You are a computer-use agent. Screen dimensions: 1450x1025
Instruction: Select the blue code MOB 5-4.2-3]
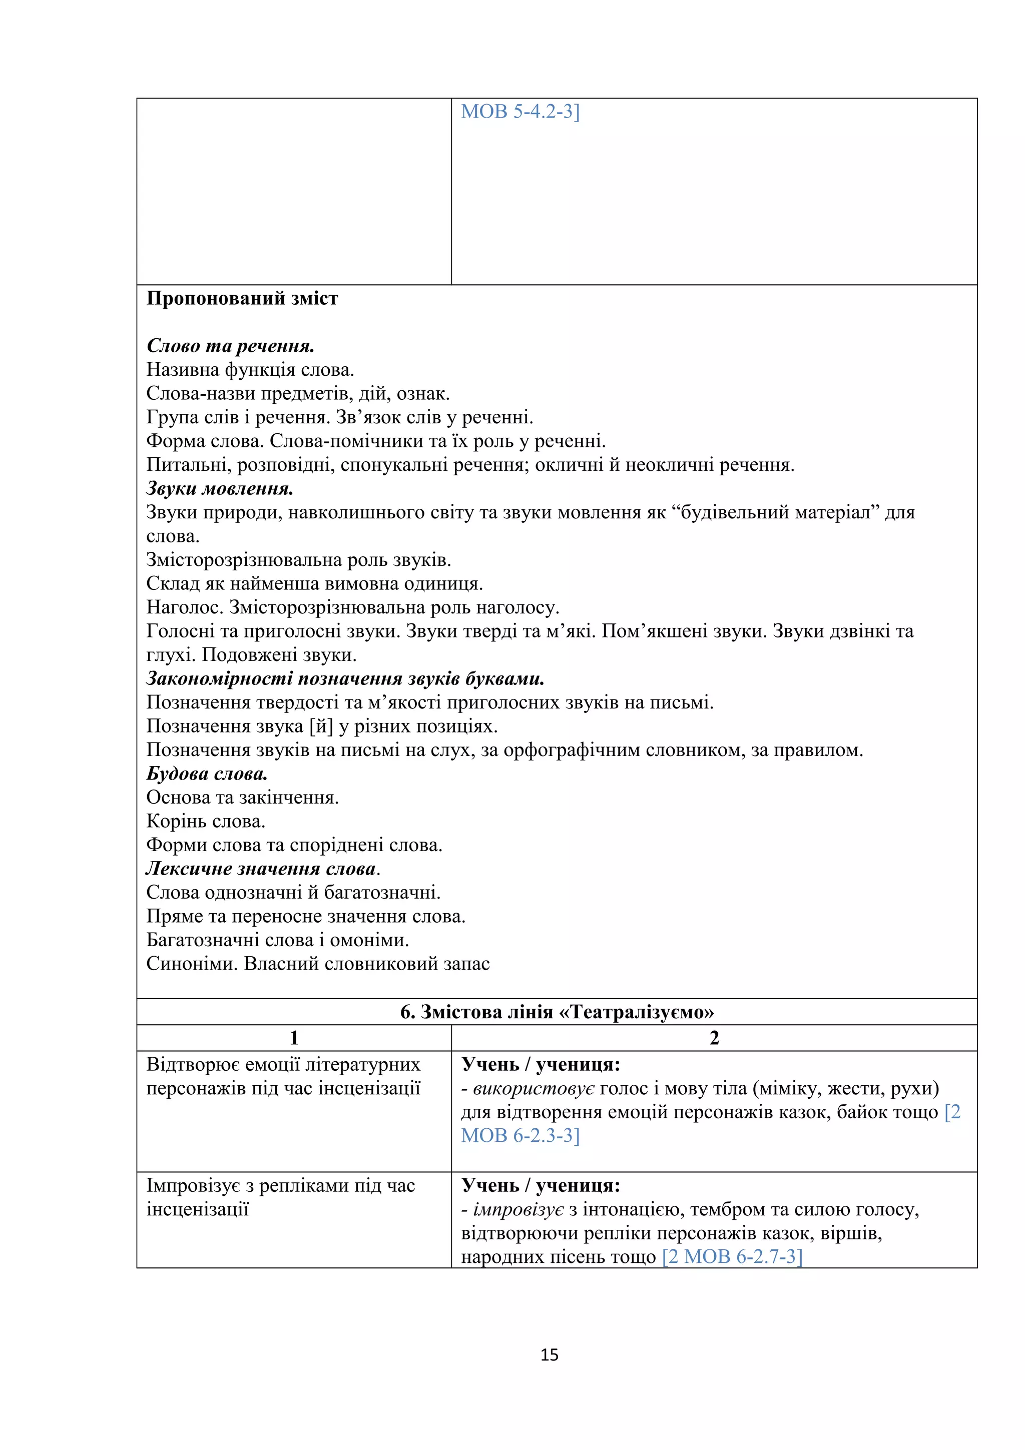click(520, 112)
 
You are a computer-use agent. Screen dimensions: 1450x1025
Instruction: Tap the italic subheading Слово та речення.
click(231, 346)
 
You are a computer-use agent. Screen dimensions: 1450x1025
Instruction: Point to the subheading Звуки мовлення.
click(220, 489)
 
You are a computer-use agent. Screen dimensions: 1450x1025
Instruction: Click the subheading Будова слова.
click(207, 774)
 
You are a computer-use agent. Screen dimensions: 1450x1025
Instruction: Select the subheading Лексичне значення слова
click(262, 869)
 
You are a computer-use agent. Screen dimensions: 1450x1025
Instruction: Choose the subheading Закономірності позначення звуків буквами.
click(345, 679)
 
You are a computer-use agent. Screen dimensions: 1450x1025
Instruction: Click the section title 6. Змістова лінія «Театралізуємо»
click(557, 1012)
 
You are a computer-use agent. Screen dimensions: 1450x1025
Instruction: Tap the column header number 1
click(294, 1038)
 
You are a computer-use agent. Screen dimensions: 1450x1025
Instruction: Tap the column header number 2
click(714, 1038)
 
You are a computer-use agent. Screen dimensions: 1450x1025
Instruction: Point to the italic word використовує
click(534, 1088)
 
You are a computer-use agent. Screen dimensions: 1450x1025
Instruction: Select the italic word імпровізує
click(518, 1209)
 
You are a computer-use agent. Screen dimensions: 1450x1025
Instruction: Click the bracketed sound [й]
click(321, 727)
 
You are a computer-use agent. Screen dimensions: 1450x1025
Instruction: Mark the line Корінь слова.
click(206, 821)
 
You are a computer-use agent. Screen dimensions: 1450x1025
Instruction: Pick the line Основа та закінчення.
click(243, 798)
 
